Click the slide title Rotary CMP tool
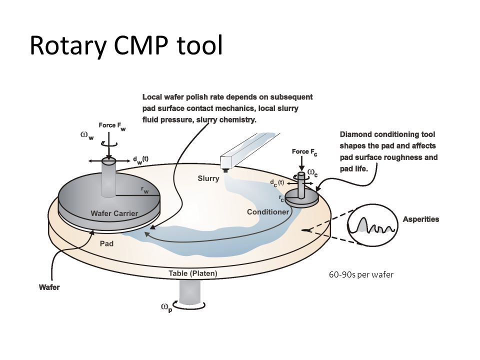point(126,45)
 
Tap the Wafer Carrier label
point(114,213)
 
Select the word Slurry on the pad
point(208,178)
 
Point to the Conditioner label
point(268,212)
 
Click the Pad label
point(106,243)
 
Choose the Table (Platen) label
point(193,273)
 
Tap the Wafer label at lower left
point(49,287)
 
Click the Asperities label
point(421,219)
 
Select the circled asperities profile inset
point(372,225)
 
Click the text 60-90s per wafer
point(361,274)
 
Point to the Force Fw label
point(112,126)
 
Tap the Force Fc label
point(304,152)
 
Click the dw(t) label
point(140,160)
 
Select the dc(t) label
point(277,183)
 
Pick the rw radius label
point(145,190)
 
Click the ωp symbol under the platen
point(167,307)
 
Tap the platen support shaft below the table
point(189,291)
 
